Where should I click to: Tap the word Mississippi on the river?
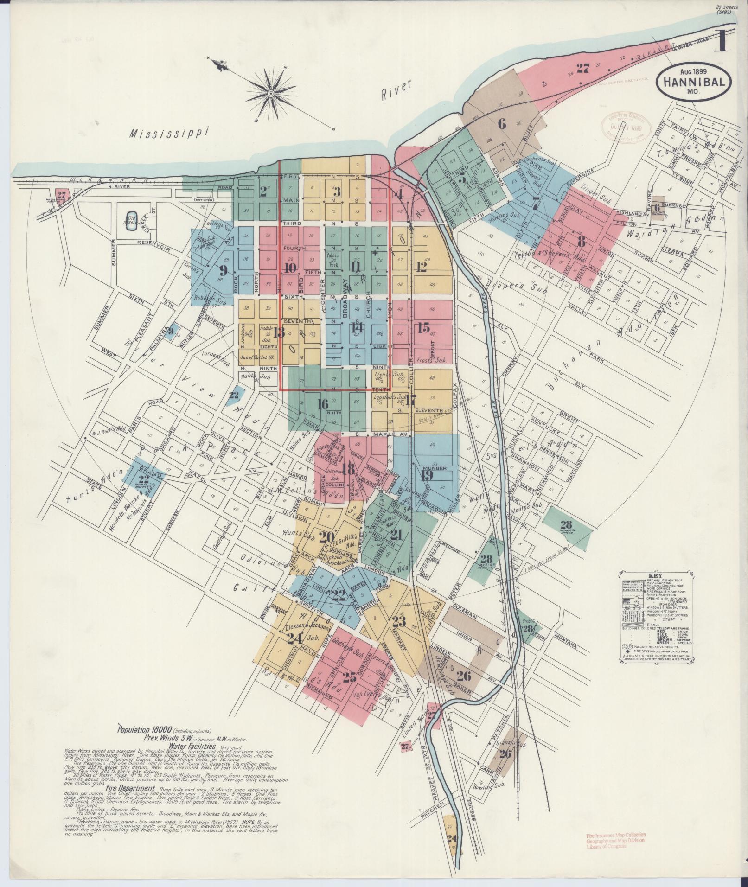pos(168,134)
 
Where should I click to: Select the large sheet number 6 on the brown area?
pos(502,124)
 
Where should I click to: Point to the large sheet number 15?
pos(423,328)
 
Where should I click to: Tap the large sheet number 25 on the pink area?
pos(349,677)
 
